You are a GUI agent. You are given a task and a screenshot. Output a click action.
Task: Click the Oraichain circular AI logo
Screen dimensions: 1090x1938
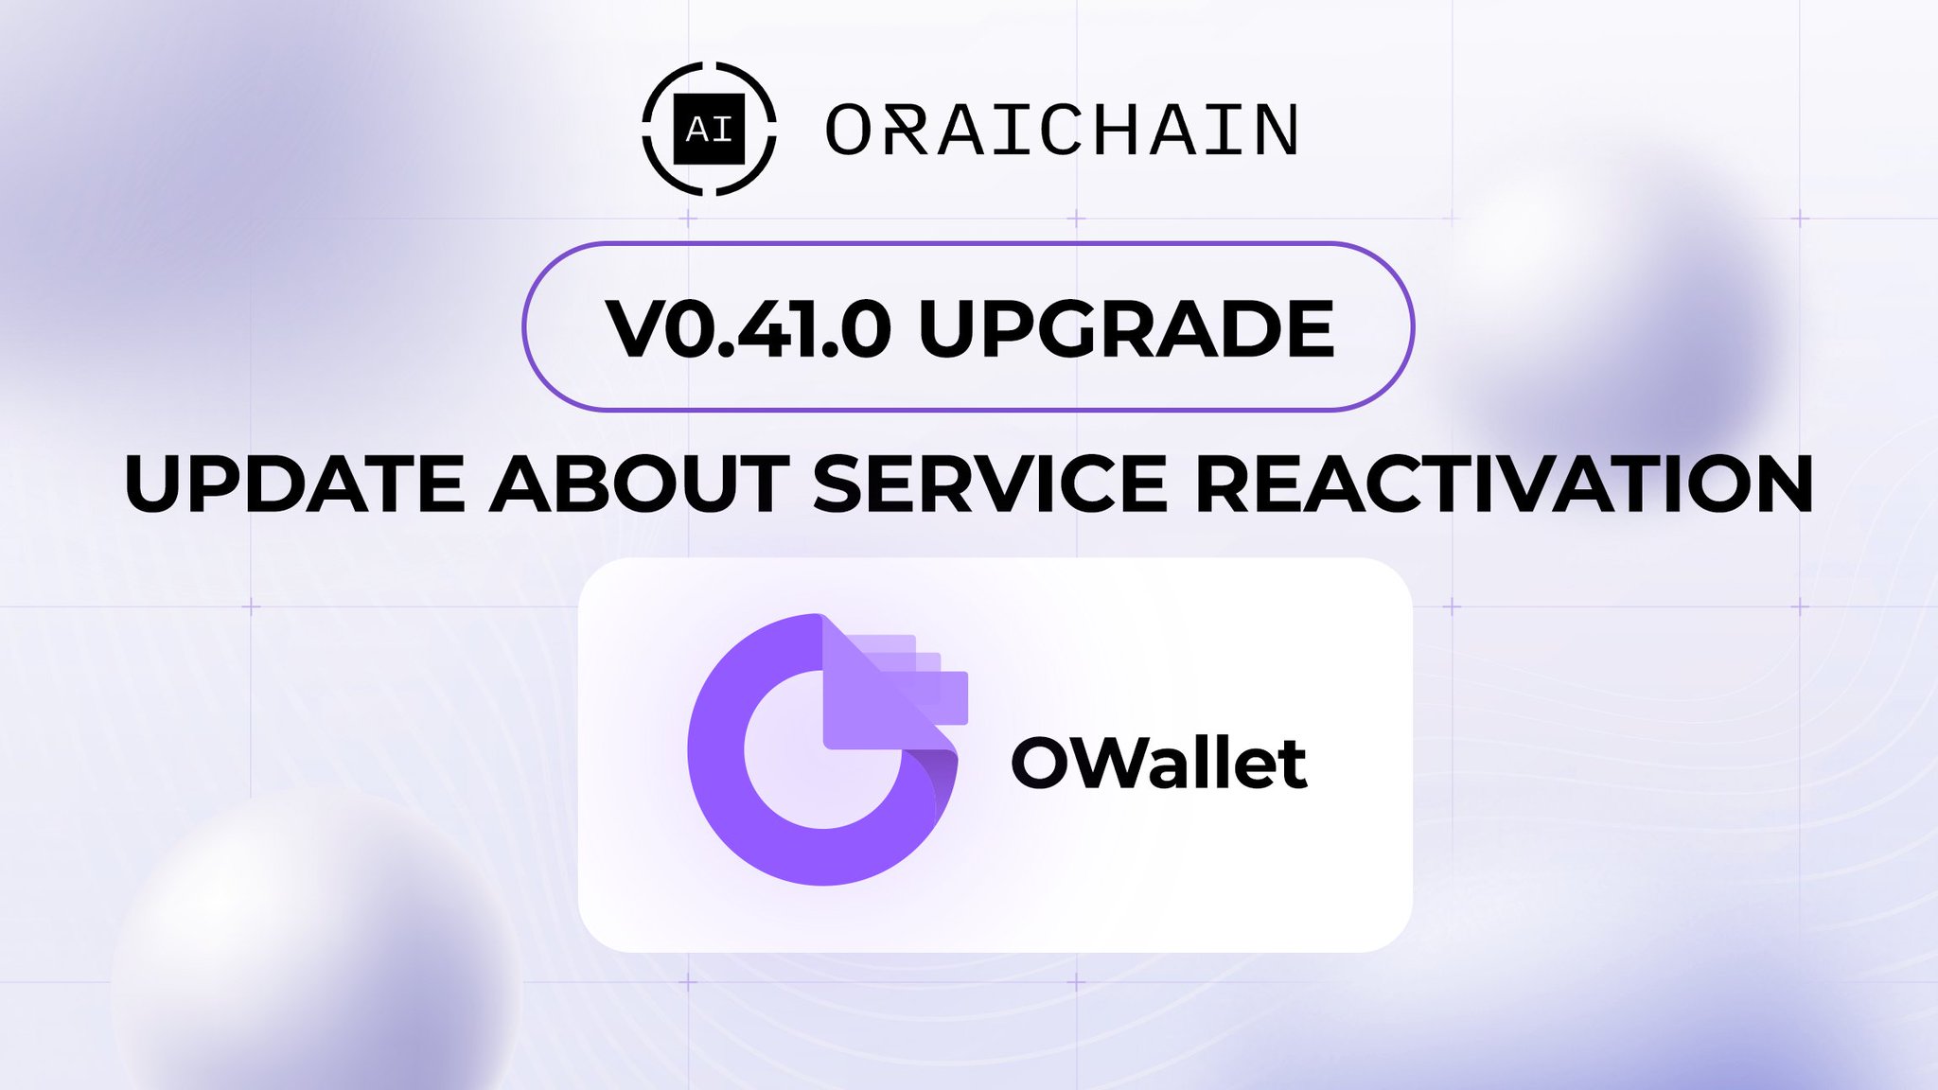(x=709, y=129)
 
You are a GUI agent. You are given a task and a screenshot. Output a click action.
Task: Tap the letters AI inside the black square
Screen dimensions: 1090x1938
(x=709, y=130)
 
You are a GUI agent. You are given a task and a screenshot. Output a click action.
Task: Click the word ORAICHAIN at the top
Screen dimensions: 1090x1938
(x=1062, y=130)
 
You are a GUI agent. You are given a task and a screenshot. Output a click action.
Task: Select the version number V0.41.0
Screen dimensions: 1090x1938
(x=748, y=328)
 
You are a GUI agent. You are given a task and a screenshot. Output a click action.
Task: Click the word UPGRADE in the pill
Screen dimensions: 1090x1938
(x=1126, y=328)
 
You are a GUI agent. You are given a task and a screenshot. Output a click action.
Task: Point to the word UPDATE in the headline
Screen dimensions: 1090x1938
(x=293, y=483)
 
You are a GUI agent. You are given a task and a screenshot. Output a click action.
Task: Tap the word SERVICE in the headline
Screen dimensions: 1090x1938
(x=990, y=483)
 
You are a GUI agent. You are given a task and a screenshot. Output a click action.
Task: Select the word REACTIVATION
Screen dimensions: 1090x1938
(x=1504, y=483)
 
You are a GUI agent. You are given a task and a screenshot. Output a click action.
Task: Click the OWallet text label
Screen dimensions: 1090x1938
(x=1159, y=763)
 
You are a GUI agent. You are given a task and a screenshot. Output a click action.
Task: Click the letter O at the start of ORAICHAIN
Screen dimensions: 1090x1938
(x=848, y=130)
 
